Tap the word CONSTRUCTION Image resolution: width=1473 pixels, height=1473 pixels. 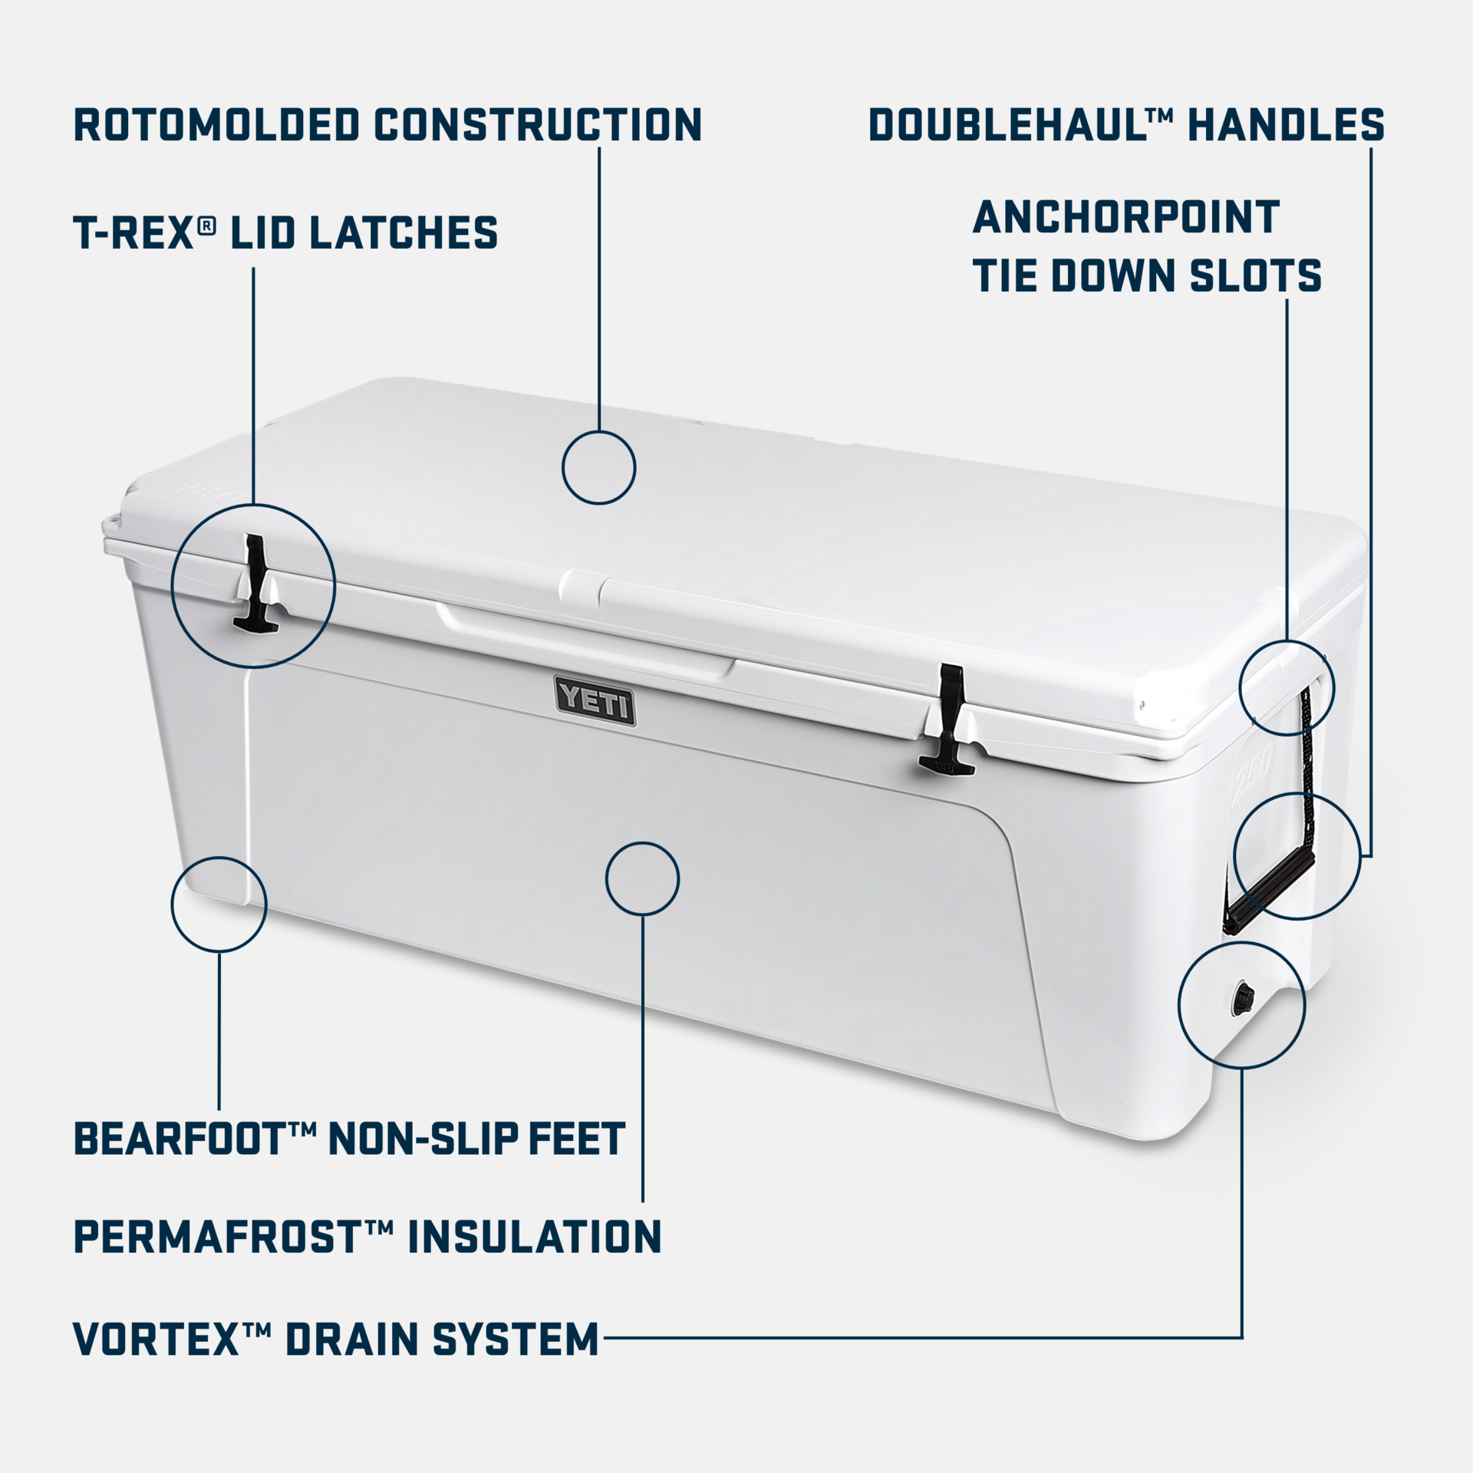click(538, 125)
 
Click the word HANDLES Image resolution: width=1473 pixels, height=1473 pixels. click(1286, 125)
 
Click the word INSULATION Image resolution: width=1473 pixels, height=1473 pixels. click(534, 1237)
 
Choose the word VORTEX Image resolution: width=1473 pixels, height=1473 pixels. click(157, 1339)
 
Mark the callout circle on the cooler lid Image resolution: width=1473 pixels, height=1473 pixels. click(598, 467)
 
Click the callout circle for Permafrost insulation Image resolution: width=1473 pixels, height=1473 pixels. click(642, 878)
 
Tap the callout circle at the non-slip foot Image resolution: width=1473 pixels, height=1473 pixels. click(219, 905)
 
